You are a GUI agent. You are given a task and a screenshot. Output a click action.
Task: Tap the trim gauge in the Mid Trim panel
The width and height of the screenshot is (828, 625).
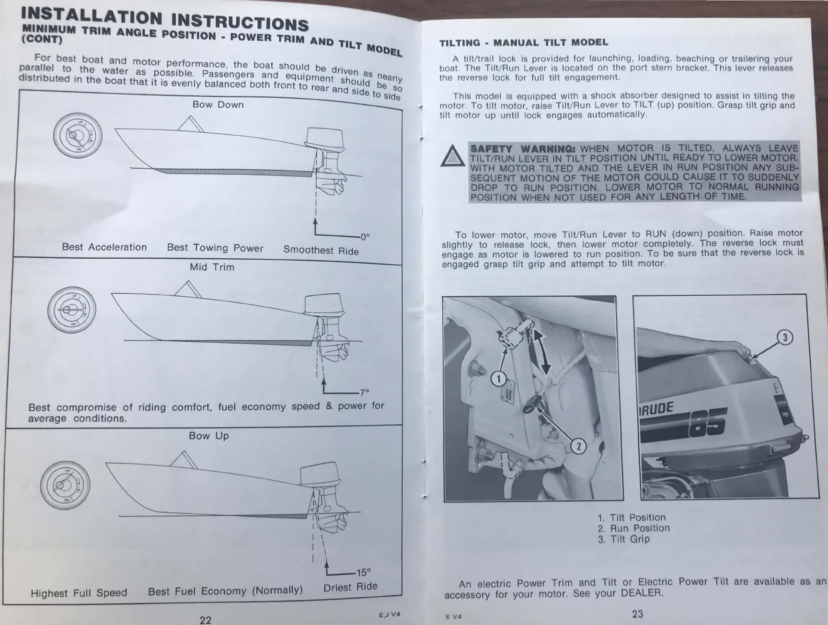tap(72, 310)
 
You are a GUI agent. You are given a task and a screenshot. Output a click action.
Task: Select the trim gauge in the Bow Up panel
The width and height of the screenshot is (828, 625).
tap(65, 485)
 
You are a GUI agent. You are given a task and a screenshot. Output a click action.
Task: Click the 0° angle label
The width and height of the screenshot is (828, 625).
tap(365, 237)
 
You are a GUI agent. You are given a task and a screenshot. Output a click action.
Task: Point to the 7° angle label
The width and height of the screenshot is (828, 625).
tap(365, 392)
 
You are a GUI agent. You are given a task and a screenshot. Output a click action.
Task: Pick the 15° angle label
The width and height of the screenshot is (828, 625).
tap(363, 572)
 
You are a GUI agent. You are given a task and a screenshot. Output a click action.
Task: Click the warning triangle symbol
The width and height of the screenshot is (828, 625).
tap(453, 156)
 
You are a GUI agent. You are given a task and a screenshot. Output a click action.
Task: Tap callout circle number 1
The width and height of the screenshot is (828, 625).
tap(499, 379)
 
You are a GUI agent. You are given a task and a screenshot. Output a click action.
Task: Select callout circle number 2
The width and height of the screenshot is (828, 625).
tap(578, 446)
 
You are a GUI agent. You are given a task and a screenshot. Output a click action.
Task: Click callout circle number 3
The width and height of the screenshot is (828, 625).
tap(785, 337)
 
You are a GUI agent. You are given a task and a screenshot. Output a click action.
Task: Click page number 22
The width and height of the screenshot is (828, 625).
tap(205, 620)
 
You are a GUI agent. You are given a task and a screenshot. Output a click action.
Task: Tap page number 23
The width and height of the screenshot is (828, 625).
tap(638, 614)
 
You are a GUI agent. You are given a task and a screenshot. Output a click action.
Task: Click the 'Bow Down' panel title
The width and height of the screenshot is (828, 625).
tap(218, 104)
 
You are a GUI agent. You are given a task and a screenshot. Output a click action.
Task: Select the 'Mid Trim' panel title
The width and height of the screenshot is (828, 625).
tap(212, 267)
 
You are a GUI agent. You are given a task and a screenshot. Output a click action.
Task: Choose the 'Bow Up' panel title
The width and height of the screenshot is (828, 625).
tap(208, 436)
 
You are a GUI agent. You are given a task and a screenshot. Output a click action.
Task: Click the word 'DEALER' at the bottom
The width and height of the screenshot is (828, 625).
tap(642, 593)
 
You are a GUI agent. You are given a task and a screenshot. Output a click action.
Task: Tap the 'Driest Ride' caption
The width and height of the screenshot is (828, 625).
tap(350, 587)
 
